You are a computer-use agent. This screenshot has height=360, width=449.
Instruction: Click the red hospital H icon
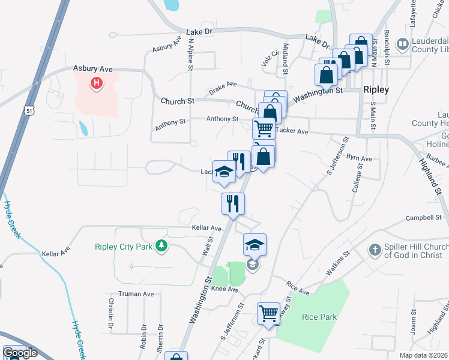(x=95, y=83)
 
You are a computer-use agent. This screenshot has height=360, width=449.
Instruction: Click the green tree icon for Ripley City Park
(x=160, y=245)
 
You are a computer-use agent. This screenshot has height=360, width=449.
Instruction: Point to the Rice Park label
(x=319, y=317)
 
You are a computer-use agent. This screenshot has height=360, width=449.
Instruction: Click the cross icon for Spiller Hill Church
(x=375, y=249)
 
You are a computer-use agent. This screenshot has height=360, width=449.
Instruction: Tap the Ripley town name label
(x=376, y=89)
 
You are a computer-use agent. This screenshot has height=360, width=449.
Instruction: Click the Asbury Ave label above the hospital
(x=89, y=69)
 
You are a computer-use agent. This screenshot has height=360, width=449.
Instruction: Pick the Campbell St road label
(x=424, y=217)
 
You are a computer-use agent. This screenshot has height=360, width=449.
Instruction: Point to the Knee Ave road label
(x=224, y=290)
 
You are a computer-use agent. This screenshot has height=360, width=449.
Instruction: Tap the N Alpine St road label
(x=191, y=55)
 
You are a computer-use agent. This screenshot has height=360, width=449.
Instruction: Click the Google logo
(x=19, y=353)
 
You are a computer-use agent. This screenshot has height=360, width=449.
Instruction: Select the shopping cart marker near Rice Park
(x=268, y=312)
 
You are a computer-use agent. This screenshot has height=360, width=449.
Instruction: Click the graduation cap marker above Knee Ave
(x=255, y=244)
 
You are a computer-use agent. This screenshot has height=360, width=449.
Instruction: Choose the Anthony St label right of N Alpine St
(x=222, y=119)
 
